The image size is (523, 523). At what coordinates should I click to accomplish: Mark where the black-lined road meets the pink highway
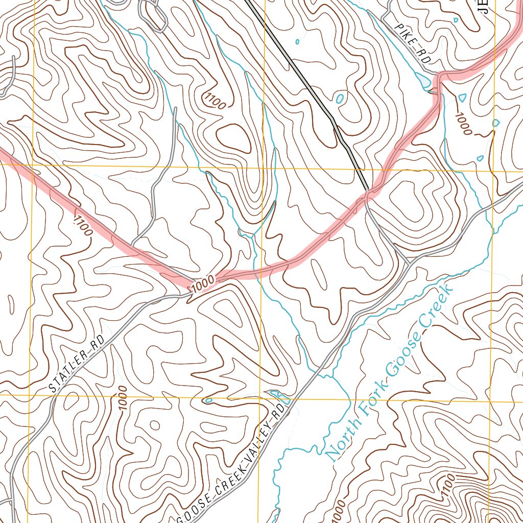tap(367, 193)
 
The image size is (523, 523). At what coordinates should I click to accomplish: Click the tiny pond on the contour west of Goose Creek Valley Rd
tap(208, 400)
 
